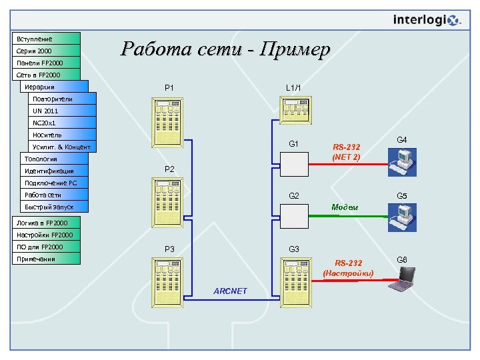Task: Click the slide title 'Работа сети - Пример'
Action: [x=225, y=49]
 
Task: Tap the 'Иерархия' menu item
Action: [x=53, y=87]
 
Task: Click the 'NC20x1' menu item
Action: [x=61, y=123]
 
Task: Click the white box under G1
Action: [x=294, y=163]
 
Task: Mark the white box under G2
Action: [x=294, y=215]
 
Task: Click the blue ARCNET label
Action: [x=230, y=291]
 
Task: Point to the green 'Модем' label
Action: [x=345, y=207]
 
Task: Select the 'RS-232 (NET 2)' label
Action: [x=346, y=152]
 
